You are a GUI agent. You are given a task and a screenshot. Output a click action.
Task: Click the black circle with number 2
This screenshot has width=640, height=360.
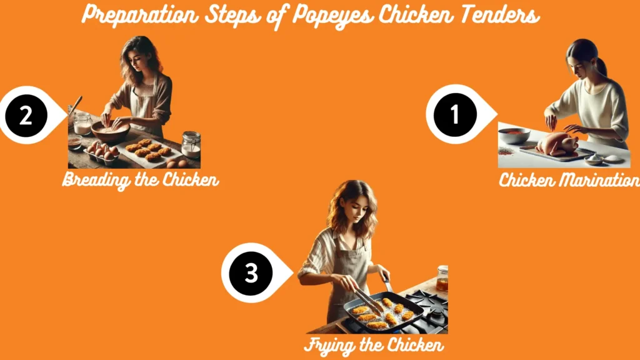pyautogui.click(x=26, y=116)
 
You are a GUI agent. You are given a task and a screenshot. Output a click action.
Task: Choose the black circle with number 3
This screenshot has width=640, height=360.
pyautogui.click(x=251, y=273)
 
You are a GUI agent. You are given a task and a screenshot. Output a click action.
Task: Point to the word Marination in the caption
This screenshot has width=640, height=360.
pyautogui.click(x=601, y=181)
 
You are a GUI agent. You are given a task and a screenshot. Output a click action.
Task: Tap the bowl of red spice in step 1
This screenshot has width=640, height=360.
pyautogui.click(x=514, y=136)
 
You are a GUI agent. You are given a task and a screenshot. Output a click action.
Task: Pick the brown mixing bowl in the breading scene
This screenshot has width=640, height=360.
pyautogui.click(x=111, y=132)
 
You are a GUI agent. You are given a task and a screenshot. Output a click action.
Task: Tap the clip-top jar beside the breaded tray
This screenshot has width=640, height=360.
pyautogui.click(x=191, y=144)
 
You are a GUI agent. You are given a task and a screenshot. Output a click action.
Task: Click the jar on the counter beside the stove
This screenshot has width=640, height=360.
pyautogui.click(x=442, y=279)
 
